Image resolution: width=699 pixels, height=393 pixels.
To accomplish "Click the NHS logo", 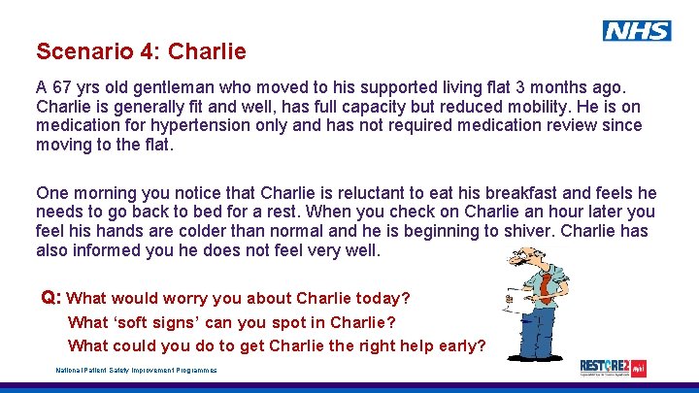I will click(x=637, y=31).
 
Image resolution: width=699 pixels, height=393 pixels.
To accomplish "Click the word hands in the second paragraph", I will click(x=135, y=231).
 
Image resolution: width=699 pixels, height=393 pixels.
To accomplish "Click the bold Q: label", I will click(x=51, y=297).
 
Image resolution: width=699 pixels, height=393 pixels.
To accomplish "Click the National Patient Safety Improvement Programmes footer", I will click(x=136, y=370).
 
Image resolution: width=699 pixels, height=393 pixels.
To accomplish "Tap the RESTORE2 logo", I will click(x=613, y=367).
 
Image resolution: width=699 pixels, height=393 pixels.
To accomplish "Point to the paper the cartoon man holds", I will click(x=507, y=302).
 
